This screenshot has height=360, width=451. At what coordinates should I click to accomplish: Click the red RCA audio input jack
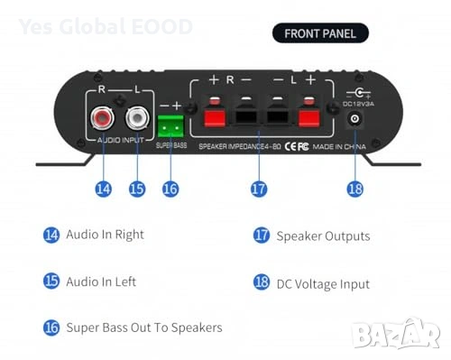click(103, 119)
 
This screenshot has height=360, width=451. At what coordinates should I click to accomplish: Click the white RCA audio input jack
click(137, 119)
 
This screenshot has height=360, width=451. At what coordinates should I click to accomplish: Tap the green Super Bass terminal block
click(170, 125)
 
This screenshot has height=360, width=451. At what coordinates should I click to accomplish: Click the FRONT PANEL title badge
click(320, 34)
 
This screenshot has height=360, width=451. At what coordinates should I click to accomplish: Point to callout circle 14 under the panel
click(103, 189)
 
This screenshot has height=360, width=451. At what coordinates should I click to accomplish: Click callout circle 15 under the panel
click(137, 189)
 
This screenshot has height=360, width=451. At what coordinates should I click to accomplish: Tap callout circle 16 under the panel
click(170, 189)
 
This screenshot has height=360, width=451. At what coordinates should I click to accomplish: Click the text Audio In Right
click(105, 235)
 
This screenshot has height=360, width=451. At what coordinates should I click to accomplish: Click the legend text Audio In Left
click(101, 282)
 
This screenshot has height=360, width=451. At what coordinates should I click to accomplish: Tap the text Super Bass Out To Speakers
click(143, 327)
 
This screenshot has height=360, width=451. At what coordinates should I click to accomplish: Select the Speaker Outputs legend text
click(323, 235)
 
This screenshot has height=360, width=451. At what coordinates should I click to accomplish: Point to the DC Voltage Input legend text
click(323, 283)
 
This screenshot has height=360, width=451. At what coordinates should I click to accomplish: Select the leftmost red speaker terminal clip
click(215, 119)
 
